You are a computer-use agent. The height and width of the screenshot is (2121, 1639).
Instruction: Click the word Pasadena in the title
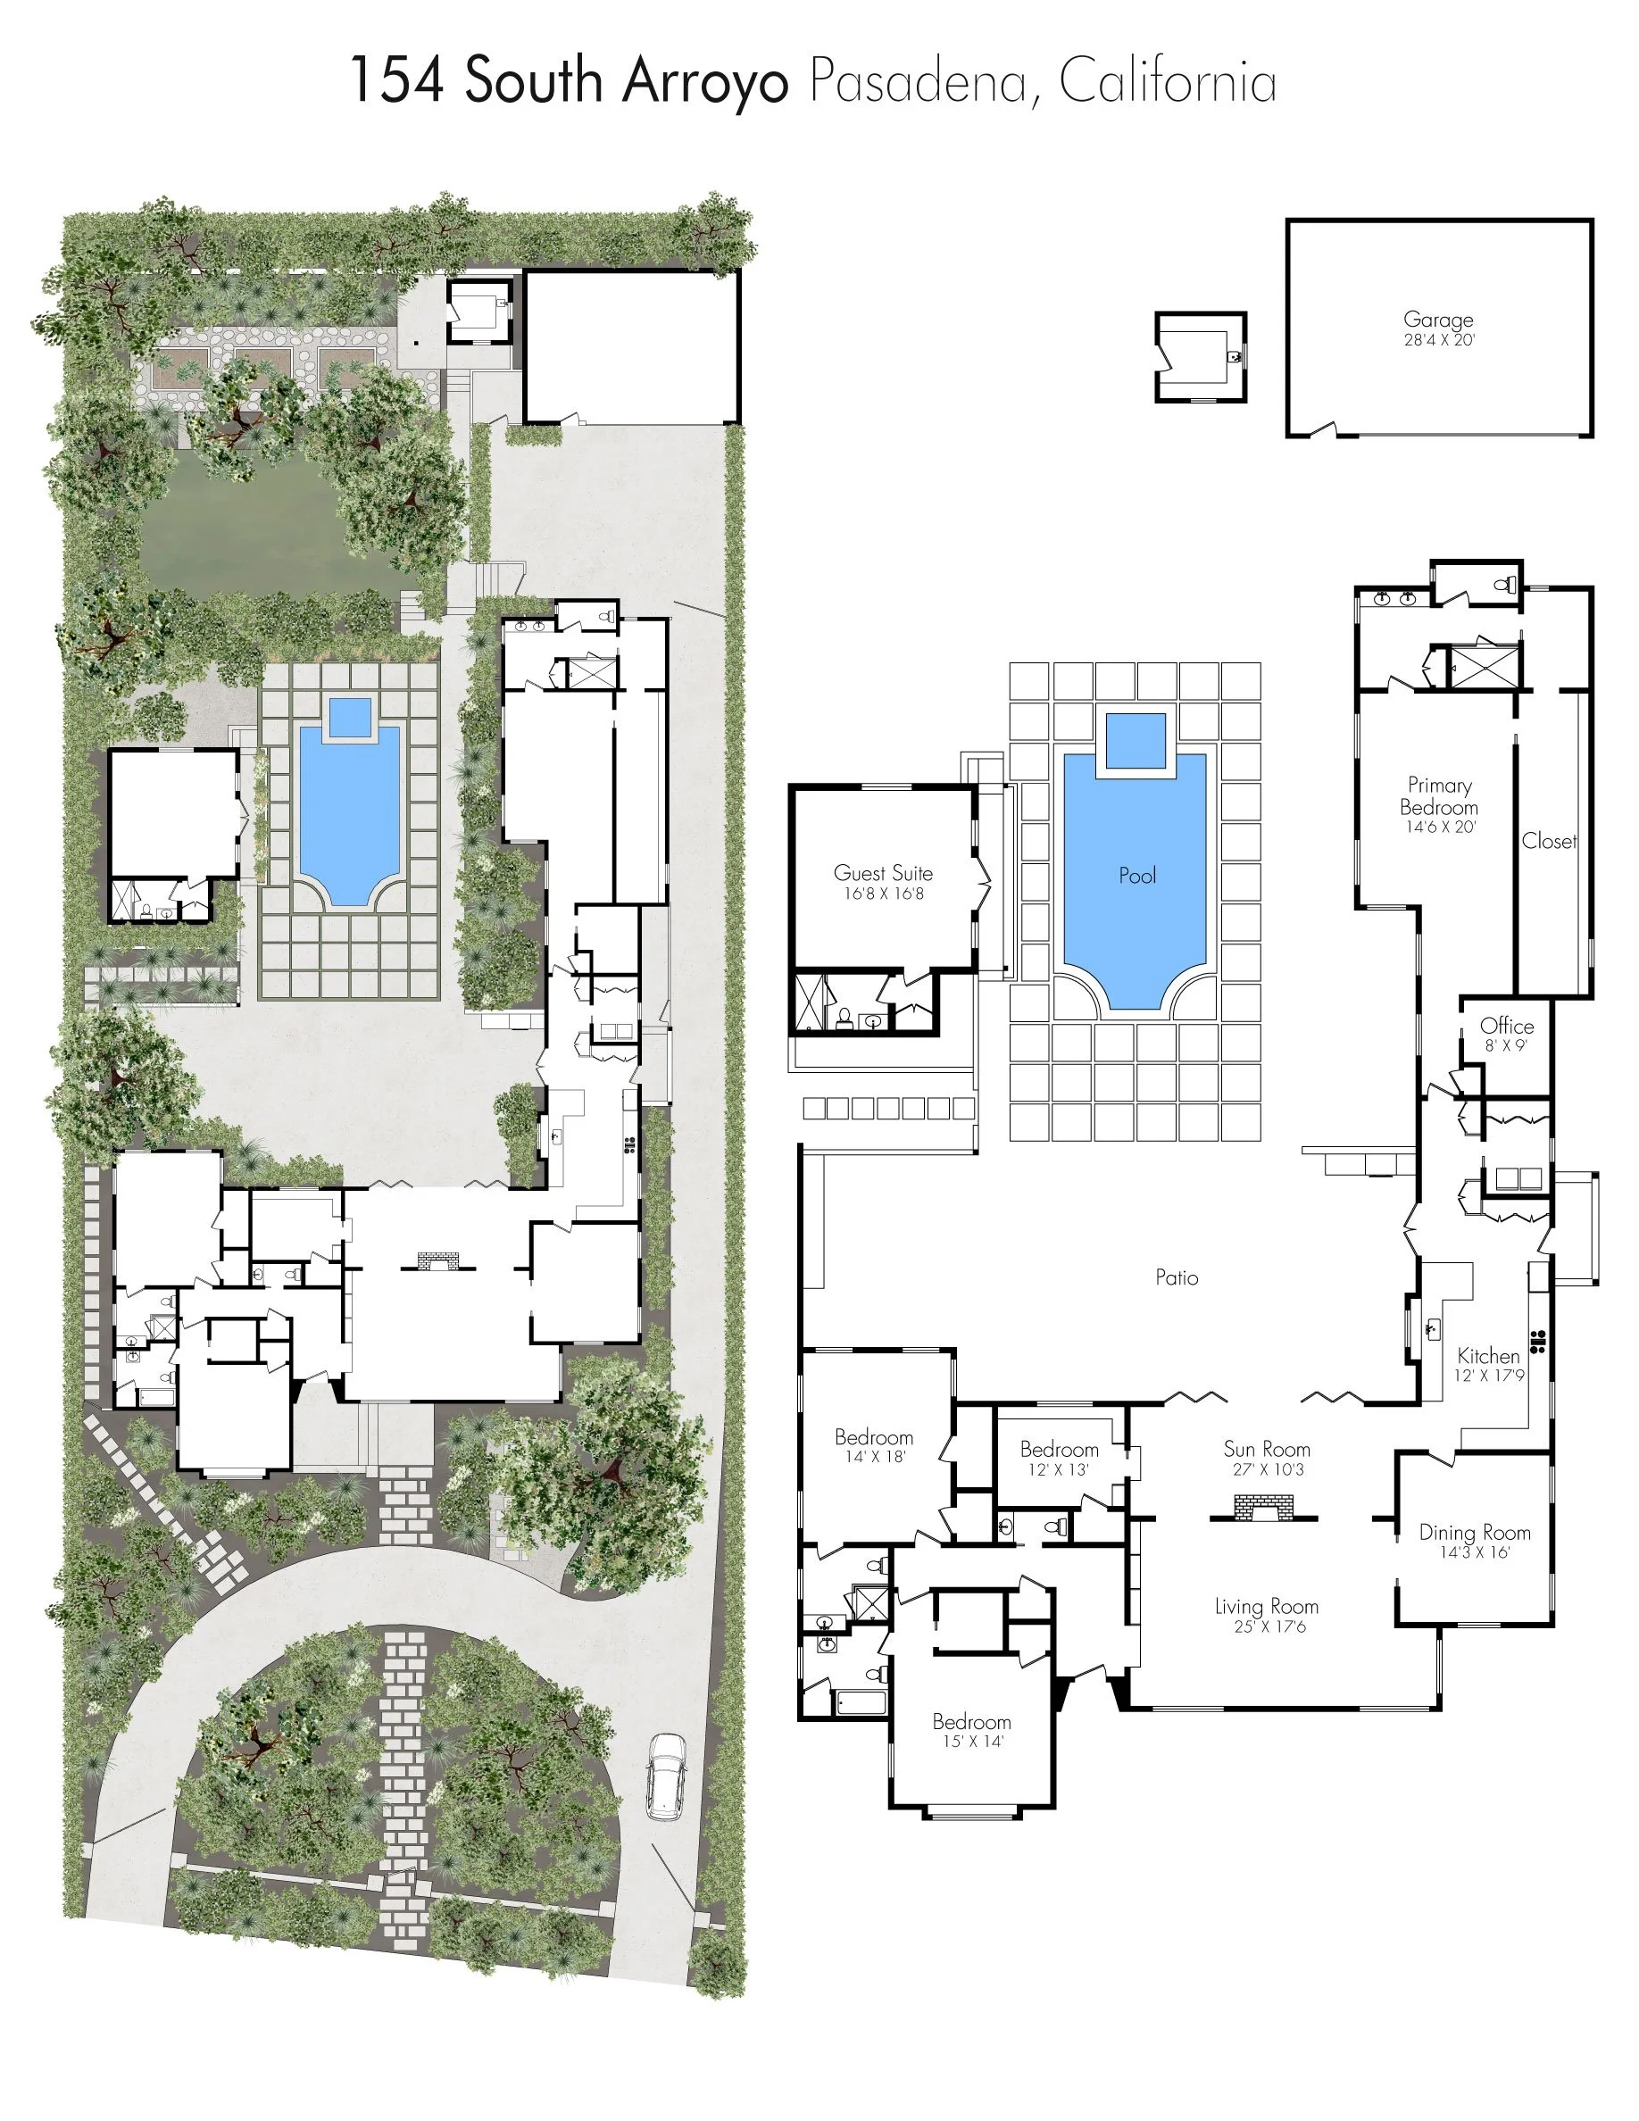[918, 81]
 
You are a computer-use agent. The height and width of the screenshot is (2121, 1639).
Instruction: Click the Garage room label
[1438, 320]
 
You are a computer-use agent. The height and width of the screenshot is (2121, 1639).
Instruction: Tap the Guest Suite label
[883, 873]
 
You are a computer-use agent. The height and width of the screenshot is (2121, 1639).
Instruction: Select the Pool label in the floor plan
[1137, 876]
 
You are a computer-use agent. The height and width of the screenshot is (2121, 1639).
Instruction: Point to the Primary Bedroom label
[1439, 796]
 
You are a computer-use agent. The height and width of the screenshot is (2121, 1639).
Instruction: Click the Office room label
[1507, 1027]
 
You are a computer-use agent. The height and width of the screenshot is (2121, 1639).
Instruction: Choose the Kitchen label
[1488, 1356]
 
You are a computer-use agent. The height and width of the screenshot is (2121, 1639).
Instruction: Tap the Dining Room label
[1474, 1533]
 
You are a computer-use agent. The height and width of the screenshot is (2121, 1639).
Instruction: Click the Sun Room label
[1266, 1449]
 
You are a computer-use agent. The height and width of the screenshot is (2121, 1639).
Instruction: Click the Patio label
[1177, 1278]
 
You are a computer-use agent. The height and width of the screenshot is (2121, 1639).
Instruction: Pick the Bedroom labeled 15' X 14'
[972, 1722]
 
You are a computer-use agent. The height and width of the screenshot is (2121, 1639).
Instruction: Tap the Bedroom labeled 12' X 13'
[1060, 1449]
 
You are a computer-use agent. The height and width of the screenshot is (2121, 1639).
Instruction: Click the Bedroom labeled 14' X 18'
[874, 1437]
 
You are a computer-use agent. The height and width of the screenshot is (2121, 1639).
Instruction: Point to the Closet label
[1549, 841]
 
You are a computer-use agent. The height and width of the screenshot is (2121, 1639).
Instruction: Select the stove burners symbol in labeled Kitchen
[1538, 1341]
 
